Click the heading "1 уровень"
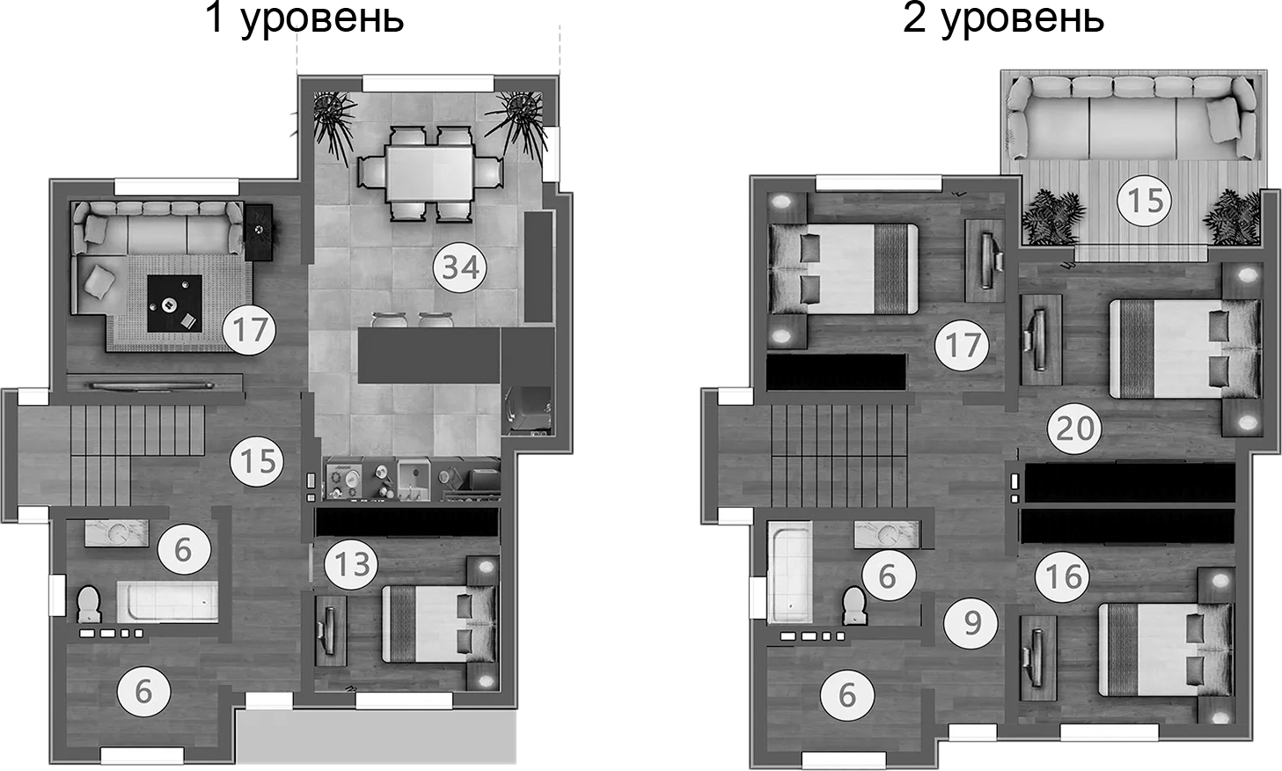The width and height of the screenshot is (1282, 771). coord(304,18)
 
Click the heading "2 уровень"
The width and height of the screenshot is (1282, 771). coord(1003,18)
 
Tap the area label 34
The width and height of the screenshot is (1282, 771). coord(460,266)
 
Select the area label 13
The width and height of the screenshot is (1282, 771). coord(352,564)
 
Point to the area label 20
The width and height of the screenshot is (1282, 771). coord(1074,429)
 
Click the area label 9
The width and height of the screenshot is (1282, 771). coord(971,623)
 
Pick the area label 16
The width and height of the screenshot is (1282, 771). coord(1062,576)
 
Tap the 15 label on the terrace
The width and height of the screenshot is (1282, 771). coord(1145,200)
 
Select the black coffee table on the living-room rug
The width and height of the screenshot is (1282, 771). coord(174,304)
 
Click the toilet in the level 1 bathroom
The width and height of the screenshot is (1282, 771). coord(89,605)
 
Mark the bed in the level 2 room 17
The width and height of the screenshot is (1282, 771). coord(843,268)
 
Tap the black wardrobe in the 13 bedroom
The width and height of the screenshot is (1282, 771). coord(407,523)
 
